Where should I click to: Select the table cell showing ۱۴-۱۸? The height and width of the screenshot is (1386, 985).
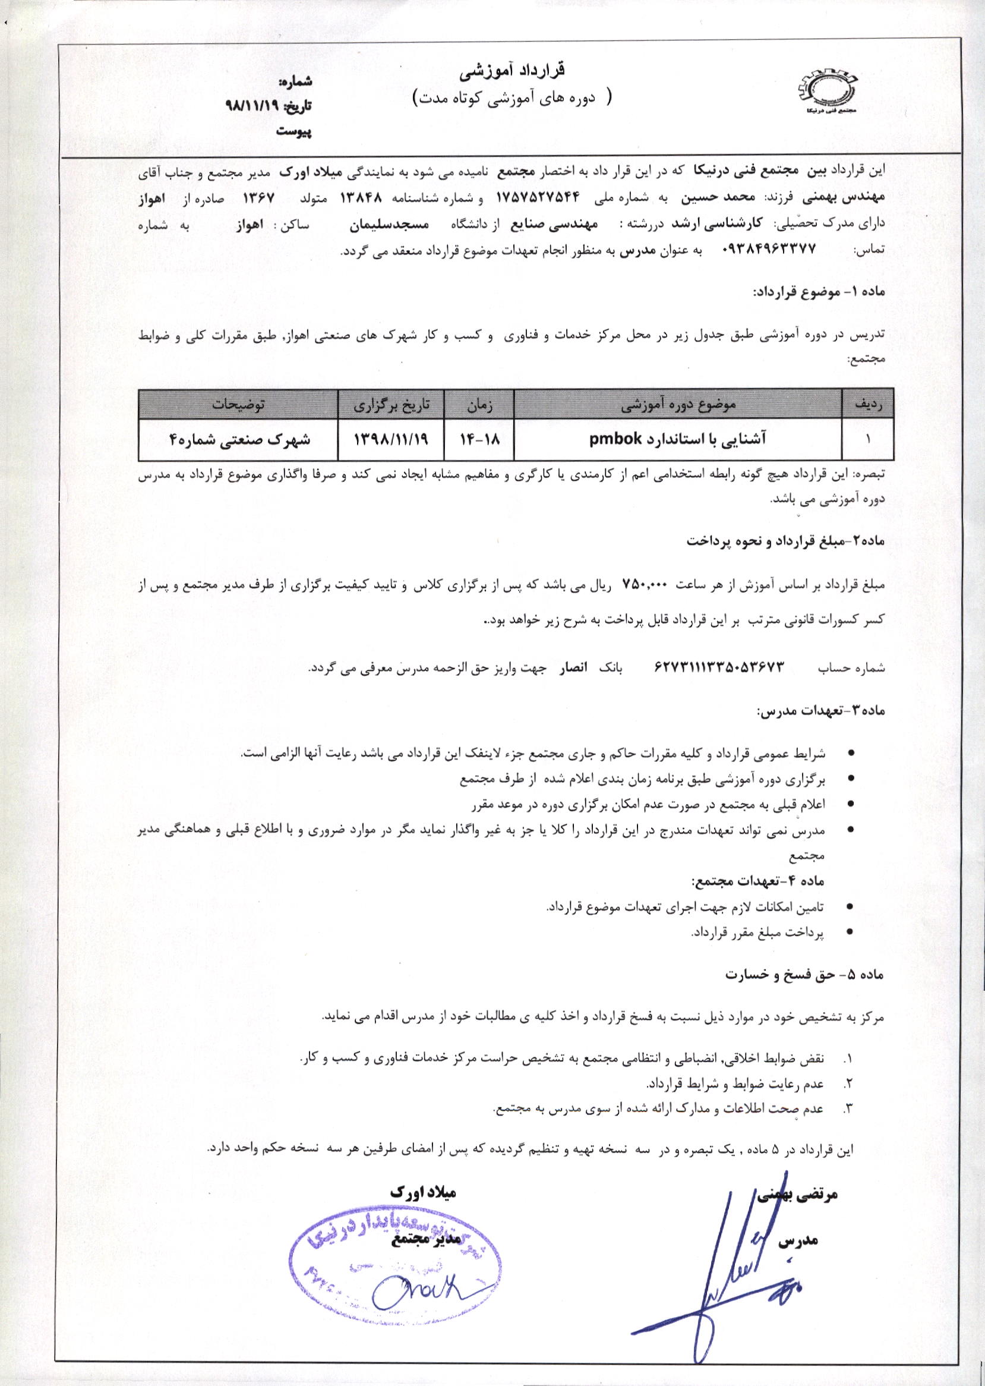click(479, 440)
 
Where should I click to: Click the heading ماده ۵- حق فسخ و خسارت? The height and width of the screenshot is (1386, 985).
click(806, 976)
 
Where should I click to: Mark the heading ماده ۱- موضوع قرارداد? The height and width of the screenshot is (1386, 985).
click(818, 292)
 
